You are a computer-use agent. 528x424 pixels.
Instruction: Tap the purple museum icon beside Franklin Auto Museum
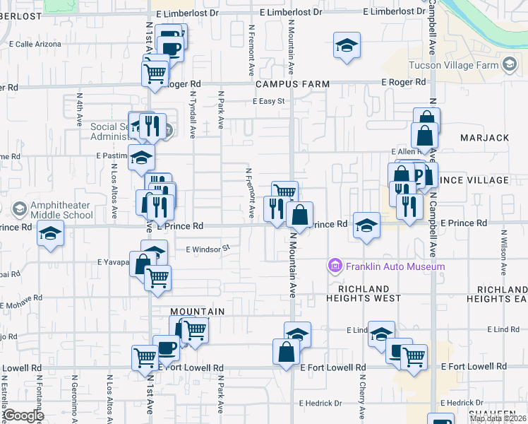[335, 266]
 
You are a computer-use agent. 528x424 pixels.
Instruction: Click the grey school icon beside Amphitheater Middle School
[19, 208]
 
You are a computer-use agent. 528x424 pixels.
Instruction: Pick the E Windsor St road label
[208, 249]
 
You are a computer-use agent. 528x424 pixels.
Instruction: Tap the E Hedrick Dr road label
[320, 404]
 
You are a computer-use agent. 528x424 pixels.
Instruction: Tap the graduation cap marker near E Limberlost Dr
[347, 47]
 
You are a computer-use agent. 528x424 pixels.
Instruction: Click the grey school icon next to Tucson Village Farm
[508, 64]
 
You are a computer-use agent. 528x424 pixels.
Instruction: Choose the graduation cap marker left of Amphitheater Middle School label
[51, 234]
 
